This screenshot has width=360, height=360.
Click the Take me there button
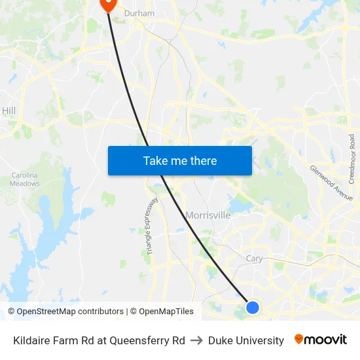coord(180,161)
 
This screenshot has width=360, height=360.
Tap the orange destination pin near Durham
coord(107,4)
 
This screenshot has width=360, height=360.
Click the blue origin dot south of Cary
coord(253,307)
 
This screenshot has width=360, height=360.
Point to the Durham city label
coord(139,13)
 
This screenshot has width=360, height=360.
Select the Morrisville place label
coord(208,215)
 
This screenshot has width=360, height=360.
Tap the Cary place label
coord(254,259)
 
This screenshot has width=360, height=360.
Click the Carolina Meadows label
coord(26,179)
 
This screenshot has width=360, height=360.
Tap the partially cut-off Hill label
coord(9,111)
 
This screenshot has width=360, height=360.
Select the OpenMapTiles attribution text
coord(166,312)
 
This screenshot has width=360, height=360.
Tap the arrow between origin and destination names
coord(196,340)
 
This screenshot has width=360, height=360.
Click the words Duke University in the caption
coord(246,340)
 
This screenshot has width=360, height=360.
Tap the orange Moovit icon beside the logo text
coord(298,339)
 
